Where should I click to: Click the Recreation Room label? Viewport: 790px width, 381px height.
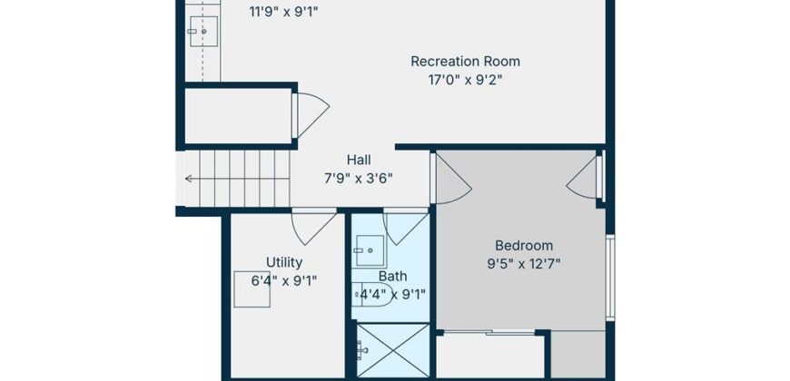pos(465,62)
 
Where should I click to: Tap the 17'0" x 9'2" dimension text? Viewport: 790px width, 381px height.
pos(465,80)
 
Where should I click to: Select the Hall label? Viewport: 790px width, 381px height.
pos(359,160)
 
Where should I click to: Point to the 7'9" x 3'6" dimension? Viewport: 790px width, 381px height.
pos(359,179)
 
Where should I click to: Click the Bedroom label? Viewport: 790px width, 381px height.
pos(524,246)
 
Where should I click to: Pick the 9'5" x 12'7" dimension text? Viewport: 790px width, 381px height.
pos(524,264)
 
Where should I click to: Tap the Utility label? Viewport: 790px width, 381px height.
pos(284,262)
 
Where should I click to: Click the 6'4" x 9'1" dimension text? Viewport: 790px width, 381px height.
pos(284,281)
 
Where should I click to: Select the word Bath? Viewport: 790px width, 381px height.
pos(392,277)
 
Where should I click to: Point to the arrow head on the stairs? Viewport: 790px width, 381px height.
pos(189,179)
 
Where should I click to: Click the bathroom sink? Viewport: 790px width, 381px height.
pos(370,250)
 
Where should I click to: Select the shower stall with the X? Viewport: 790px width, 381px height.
pos(393,350)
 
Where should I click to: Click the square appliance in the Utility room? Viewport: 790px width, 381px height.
pos(252,288)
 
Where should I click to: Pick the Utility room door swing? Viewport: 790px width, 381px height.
pos(313,228)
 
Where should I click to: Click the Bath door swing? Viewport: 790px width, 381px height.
pos(406,229)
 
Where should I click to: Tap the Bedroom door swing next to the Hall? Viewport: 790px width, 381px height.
pos(452,180)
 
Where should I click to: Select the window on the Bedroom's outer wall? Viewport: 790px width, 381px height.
pos(610,278)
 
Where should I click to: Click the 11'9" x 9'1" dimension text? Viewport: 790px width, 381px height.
pos(284,11)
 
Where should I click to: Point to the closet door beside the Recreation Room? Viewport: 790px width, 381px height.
pos(311,115)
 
